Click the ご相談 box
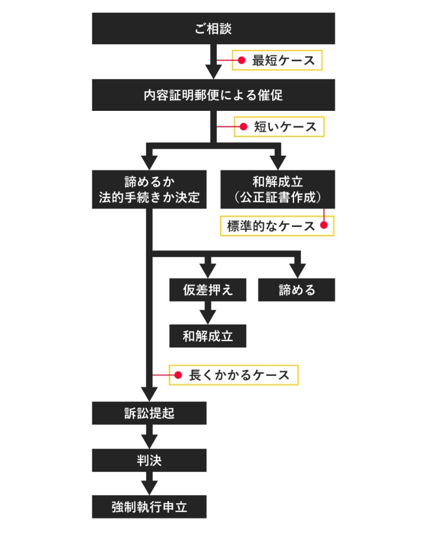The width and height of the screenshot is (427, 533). click(x=213, y=28)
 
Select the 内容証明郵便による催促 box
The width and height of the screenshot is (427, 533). click(x=213, y=95)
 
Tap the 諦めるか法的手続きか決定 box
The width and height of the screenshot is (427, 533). click(x=149, y=189)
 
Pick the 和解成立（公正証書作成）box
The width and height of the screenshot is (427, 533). click(x=278, y=189)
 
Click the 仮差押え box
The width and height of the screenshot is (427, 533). click(x=208, y=290)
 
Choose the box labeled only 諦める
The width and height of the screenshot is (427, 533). click(x=297, y=290)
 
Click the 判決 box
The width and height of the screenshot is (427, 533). click(x=149, y=459)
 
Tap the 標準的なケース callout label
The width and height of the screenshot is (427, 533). click(x=277, y=225)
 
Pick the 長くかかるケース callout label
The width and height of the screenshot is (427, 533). click(x=233, y=374)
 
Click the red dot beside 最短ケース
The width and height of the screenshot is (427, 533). click(x=241, y=60)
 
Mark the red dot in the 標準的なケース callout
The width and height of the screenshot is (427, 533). click(x=323, y=225)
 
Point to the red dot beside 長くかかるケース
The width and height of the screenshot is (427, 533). click(x=178, y=374)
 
